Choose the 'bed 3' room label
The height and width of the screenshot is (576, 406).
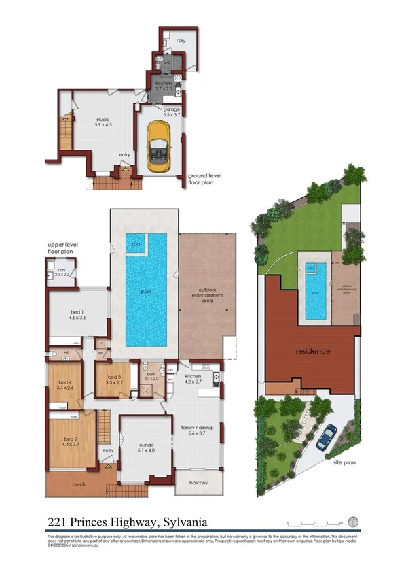coord(109,379)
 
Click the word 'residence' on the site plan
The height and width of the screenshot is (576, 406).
coord(313,352)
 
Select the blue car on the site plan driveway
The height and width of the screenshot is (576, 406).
coord(329,435)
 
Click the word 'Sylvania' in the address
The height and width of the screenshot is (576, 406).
coord(183,522)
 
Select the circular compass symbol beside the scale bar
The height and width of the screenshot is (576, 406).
coord(352,522)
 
